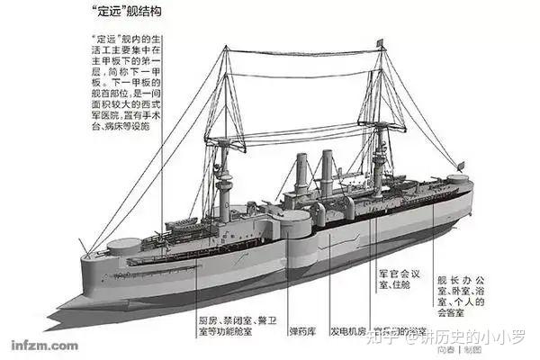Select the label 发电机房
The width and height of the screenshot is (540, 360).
tap(347, 329)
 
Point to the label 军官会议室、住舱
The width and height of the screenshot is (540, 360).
tap(395, 278)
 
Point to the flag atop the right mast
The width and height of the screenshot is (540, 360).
tap(381, 42)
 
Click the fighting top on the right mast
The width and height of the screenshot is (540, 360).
tap(383, 131)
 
